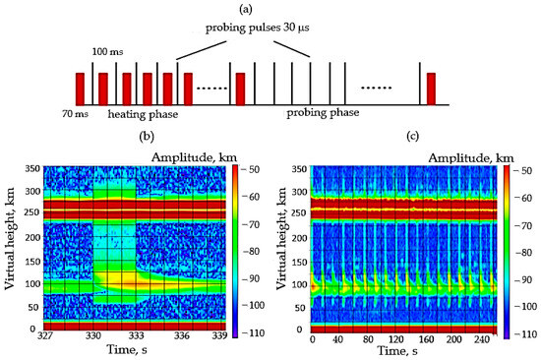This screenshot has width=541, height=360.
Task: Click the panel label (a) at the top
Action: pyautogui.click(x=246, y=9)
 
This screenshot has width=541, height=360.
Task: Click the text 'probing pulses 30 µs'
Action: pyautogui.click(x=257, y=28)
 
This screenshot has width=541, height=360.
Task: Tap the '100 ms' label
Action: pyautogui.click(x=107, y=52)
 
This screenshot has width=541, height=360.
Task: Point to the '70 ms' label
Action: pyautogui.click(x=75, y=113)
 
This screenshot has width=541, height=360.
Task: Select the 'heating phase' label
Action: pyautogui.click(x=143, y=114)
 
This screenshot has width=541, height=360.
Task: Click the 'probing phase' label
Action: pyautogui.click(x=323, y=113)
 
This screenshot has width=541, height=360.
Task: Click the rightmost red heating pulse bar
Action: pyautogui.click(x=431, y=89)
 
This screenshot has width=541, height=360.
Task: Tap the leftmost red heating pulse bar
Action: pyautogui.click(x=80, y=89)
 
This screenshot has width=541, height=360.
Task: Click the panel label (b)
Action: pyautogui.click(x=147, y=137)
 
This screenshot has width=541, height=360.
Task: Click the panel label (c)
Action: pyautogui.click(x=413, y=136)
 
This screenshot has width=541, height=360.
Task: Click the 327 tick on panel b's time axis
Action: pyautogui.click(x=45, y=335)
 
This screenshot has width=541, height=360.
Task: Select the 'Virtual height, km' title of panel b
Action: pyautogui.click(x=11, y=238)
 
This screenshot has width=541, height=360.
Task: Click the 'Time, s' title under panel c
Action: pyautogui.click(x=397, y=351)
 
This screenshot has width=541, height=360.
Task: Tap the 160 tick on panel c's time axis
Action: pyautogui.click(x=426, y=339)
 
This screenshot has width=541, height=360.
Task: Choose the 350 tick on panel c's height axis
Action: pyautogui.click(x=299, y=169)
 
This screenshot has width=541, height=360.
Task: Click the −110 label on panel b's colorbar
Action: pyautogui.click(x=253, y=333)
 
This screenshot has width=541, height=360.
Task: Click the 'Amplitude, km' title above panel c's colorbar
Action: pyautogui.click(x=471, y=158)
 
